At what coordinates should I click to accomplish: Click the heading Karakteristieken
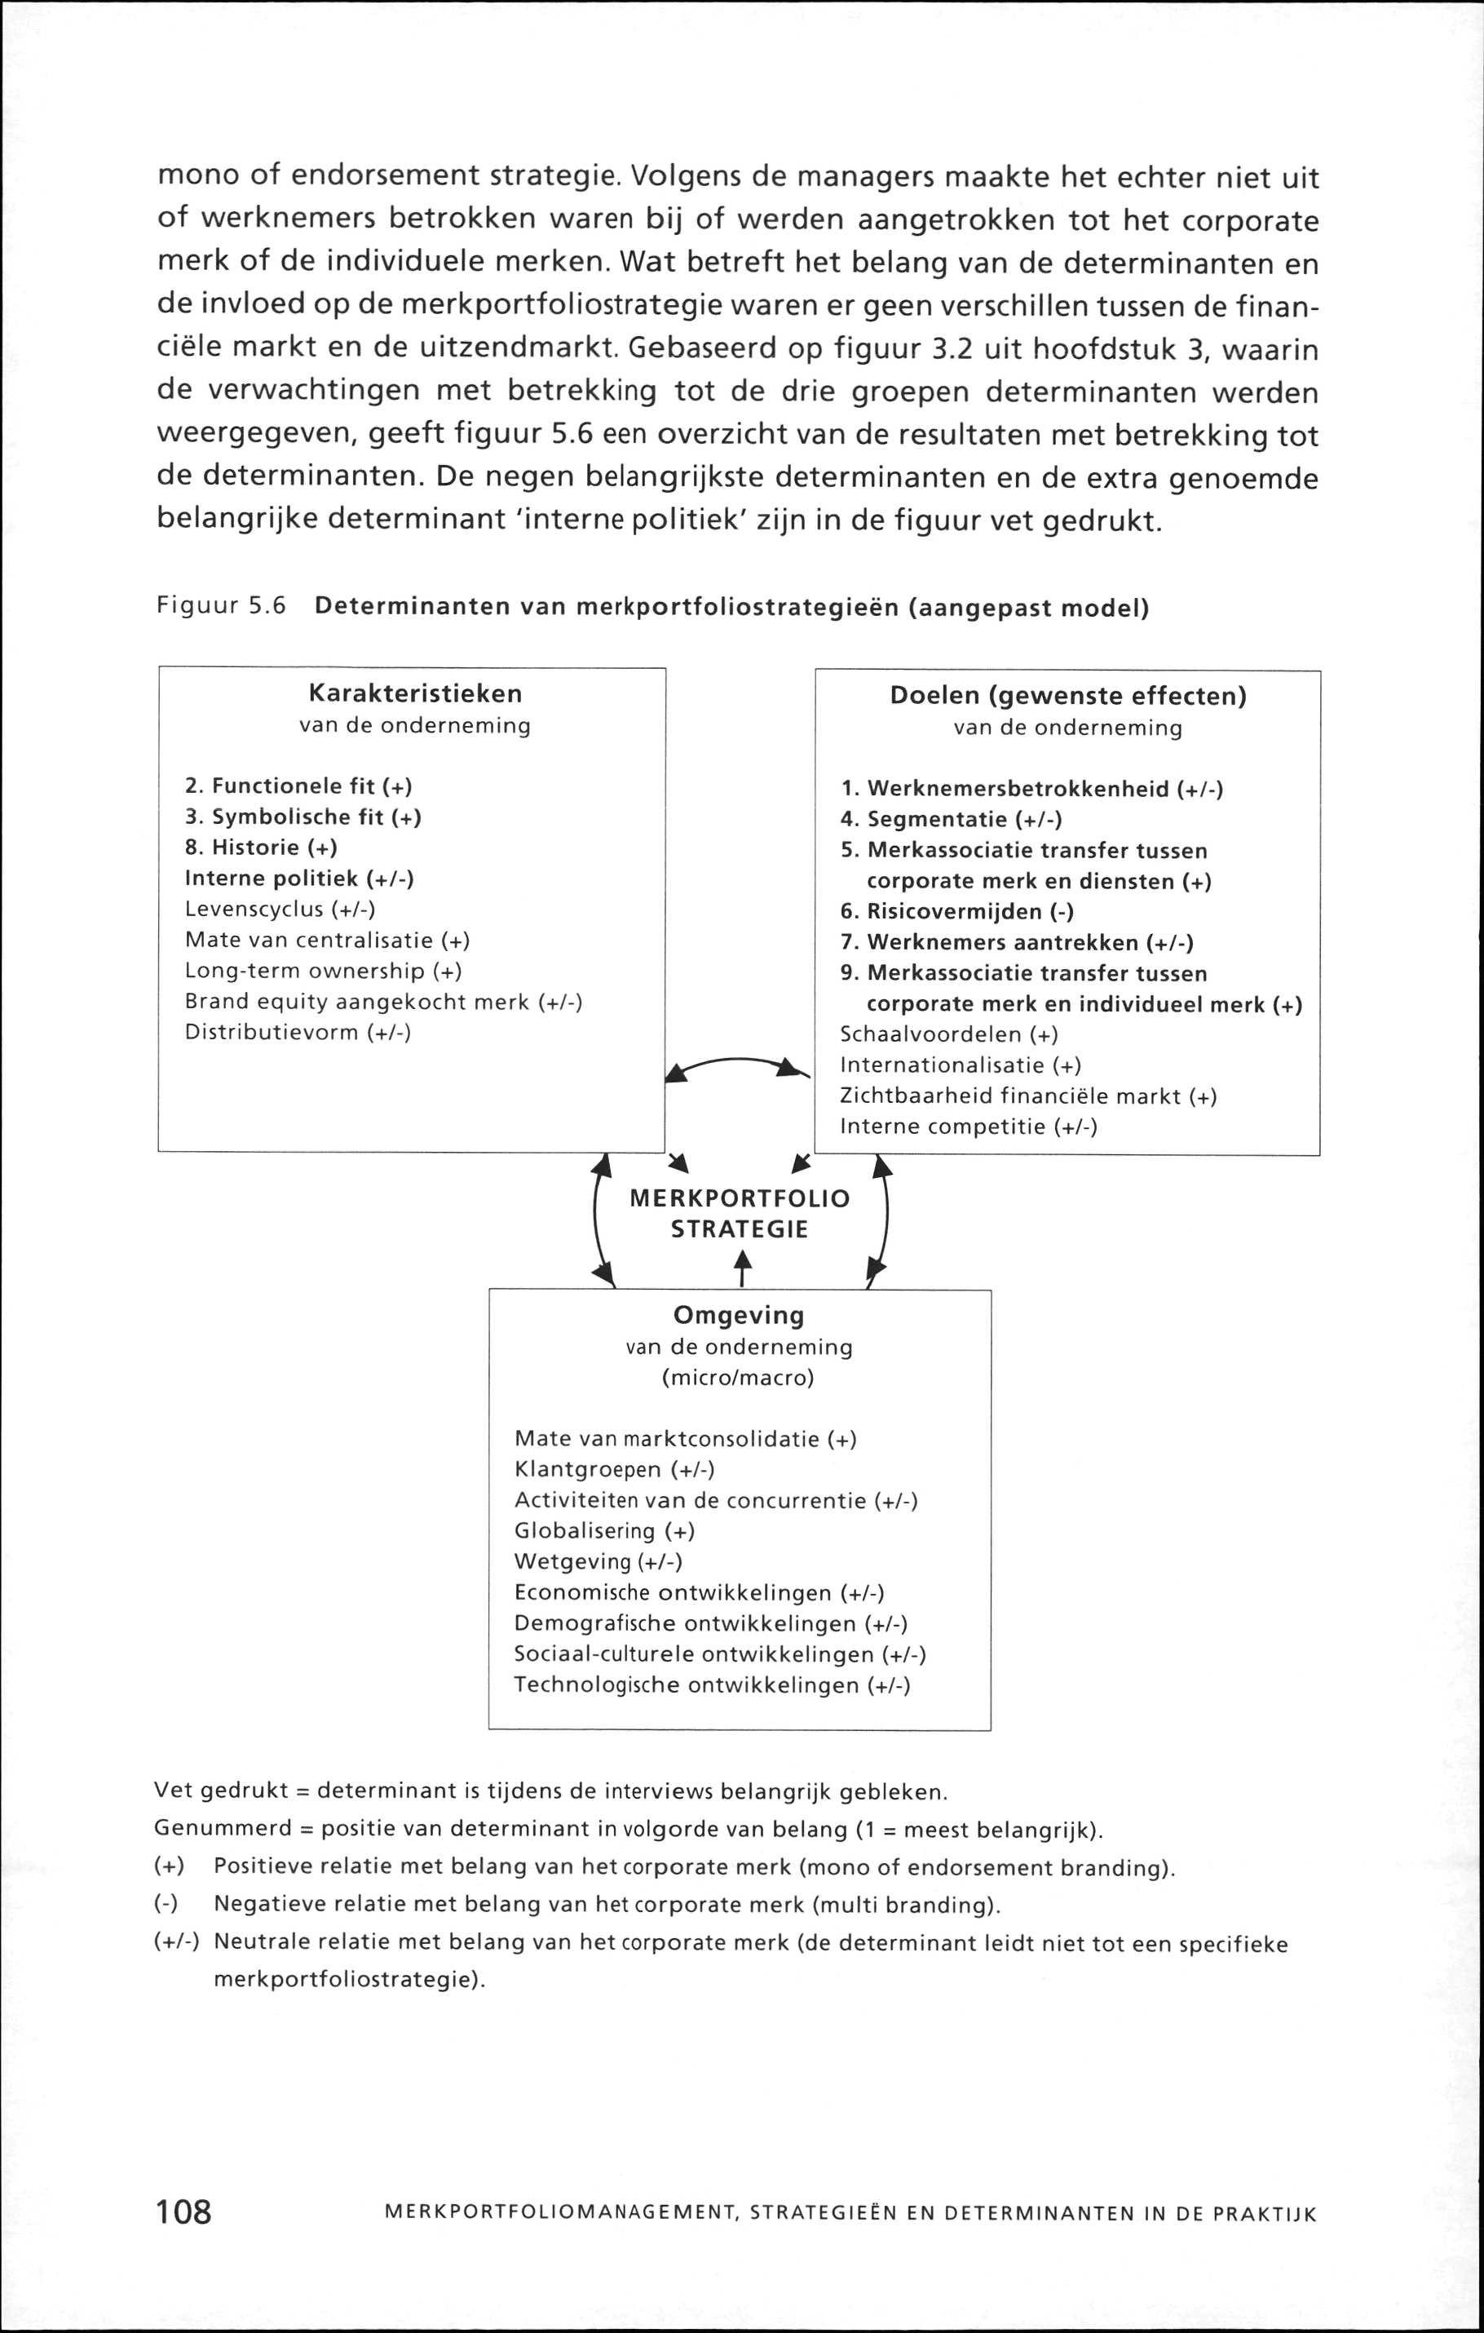coord(414,693)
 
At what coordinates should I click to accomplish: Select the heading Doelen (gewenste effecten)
coord(1067,697)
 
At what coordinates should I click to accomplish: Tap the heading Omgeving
coord(738,1316)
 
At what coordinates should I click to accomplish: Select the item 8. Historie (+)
coord(261,848)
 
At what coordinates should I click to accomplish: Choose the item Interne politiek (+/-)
coord(299,879)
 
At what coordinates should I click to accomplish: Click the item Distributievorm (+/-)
coord(298,1033)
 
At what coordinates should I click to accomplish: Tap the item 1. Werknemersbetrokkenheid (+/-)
coord(1031,789)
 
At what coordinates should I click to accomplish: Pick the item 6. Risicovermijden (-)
coord(957,912)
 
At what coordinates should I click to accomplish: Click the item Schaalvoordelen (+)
coord(948,1034)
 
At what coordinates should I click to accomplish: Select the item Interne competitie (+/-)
coord(968,1127)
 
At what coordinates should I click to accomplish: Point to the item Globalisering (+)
coord(604,1531)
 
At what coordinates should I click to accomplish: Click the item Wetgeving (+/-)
coord(598,1562)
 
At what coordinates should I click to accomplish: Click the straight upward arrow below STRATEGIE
coord(742,1269)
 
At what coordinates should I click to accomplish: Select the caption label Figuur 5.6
coord(222,607)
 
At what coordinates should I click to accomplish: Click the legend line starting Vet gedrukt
coord(550,1791)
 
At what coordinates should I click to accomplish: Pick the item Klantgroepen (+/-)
coord(614,1470)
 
